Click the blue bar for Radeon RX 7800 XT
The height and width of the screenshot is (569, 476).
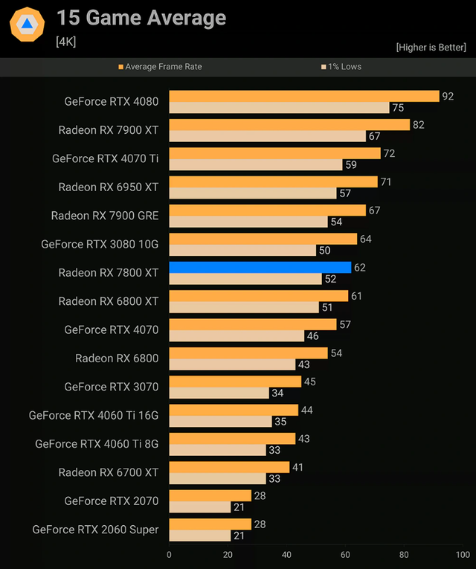click(x=260, y=268)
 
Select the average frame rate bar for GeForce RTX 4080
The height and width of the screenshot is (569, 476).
click(x=304, y=96)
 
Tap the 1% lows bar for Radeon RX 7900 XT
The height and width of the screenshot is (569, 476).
click(x=267, y=136)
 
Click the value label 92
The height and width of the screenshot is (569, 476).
click(x=448, y=96)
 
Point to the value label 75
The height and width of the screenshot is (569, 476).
click(x=398, y=108)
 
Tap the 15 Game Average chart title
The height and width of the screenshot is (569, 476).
click(x=141, y=18)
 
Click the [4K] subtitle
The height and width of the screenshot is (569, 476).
click(x=66, y=42)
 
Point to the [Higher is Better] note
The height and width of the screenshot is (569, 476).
click(x=431, y=48)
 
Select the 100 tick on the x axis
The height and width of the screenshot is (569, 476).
click(x=463, y=554)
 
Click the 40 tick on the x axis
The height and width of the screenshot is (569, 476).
click(x=286, y=554)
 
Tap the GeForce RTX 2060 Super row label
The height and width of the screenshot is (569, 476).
click(x=95, y=530)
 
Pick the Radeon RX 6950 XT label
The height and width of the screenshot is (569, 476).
click(x=109, y=187)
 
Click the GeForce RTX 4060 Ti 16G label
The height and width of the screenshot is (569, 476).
click(x=94, y=415)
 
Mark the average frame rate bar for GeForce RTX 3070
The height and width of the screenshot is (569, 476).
click(x=235, y=382)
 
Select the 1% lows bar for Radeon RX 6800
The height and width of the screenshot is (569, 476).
click(x=232, y=364)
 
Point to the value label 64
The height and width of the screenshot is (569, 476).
click(x=365, y=239)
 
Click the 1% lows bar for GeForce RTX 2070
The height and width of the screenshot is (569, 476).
click(x=199, y=507)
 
